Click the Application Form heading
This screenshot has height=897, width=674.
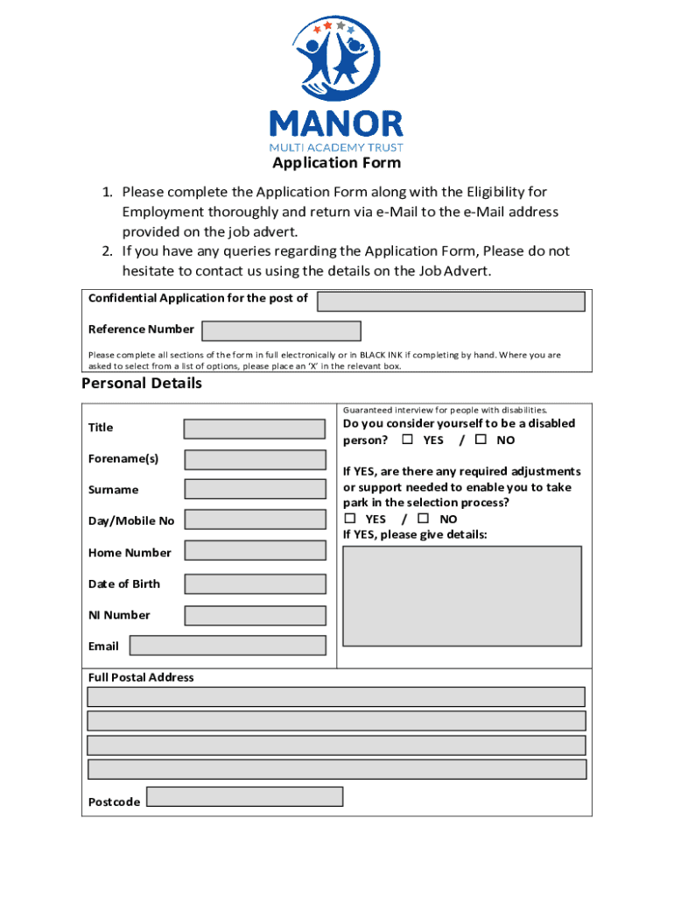336,163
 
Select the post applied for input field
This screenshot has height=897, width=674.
451,301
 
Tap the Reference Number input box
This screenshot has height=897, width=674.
281,330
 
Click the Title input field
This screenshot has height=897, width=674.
254,428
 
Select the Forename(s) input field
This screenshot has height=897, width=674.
254,459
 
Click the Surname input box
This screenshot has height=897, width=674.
254,490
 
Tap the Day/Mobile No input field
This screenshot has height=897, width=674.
254,520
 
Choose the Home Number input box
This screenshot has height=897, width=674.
254,552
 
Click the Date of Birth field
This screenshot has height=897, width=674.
254,583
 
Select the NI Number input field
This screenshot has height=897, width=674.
254,615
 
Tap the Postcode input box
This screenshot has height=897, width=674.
244,797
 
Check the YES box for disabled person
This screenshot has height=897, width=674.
407,439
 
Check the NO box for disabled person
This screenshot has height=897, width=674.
481,439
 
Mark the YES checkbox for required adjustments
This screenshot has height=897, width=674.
349,518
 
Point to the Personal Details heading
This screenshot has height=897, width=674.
142,384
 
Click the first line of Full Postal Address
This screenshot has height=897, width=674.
336,696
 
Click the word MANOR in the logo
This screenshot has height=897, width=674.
337,124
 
